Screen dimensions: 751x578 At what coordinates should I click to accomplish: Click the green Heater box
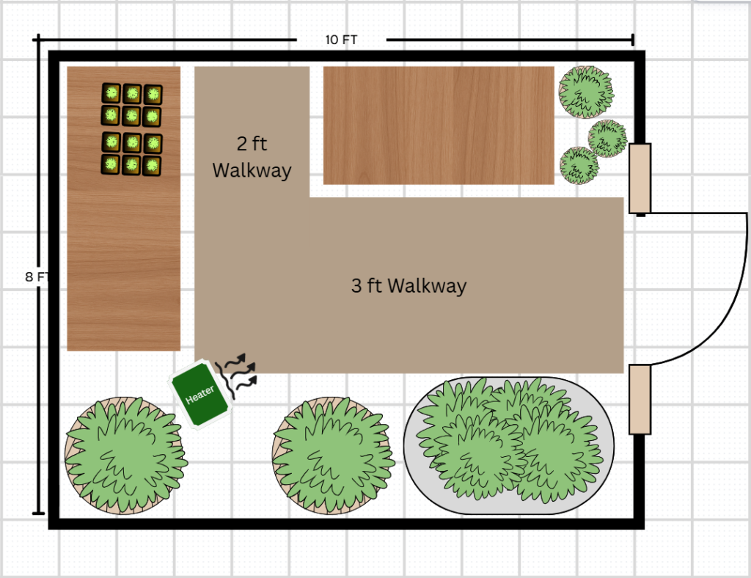click(199, 394)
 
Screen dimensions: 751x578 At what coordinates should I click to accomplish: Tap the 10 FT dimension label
click(341, 40)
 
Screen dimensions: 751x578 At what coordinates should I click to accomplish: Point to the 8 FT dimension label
click(37, 277)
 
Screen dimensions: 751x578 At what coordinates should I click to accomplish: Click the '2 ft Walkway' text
click(252, 157)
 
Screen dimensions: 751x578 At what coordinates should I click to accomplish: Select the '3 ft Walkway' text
click(409, 285)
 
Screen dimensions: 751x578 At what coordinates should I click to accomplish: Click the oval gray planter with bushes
click(509, 445)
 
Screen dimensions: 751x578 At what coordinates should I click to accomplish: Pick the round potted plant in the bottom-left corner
click(125, 455)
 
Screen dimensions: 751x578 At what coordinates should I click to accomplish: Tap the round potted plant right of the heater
click(334, 456)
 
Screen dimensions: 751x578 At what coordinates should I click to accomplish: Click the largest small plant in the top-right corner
click(586, 92)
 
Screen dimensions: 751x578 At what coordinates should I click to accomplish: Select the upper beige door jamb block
click(640, 178)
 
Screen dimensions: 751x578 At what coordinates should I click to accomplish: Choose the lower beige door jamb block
click(640, 399)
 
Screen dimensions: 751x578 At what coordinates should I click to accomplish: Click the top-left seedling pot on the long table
click(111, 93)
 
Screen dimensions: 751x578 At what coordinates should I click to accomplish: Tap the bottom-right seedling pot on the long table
click(152, 166)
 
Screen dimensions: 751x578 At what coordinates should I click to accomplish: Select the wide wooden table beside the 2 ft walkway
click(439, 125)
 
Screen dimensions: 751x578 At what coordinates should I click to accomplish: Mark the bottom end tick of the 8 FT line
click(38, 513)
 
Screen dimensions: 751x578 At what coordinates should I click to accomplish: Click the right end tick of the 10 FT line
click(633, 40)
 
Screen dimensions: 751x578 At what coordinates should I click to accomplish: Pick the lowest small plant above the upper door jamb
click(579, 165)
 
